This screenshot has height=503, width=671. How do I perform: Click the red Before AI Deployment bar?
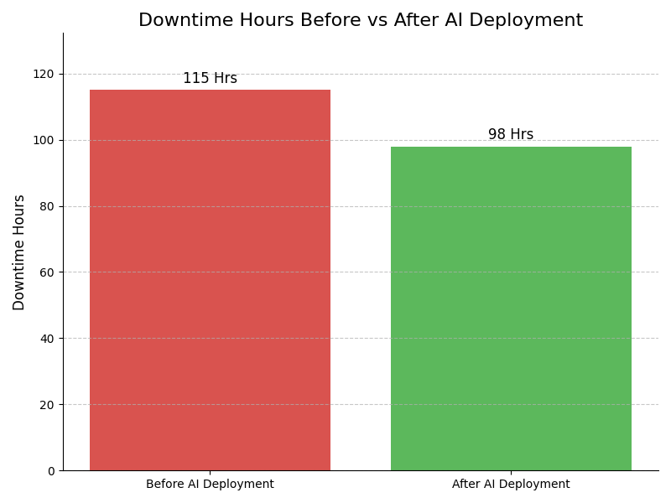(x=210, y=280)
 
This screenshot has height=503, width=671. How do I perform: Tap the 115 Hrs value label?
(x=210, y=79)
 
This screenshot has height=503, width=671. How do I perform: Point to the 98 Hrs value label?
(x=511, y=135)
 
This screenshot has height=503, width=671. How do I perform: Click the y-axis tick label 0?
(x=50, y=471)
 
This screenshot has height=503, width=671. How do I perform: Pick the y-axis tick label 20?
(x=47, y=405)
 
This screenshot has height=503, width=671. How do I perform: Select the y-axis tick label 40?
(x=47, y=339)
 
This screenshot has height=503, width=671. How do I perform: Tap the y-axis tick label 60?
(x=47, y=272)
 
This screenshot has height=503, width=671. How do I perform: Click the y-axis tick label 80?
(x=47, y=206)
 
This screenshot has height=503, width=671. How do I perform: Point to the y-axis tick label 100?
(x=44, y=140)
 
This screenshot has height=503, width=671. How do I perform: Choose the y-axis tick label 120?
(x=44, y=74)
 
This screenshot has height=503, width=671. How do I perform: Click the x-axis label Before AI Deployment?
(x=210, y=485)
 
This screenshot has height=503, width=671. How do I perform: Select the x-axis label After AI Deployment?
(x=511, y=485)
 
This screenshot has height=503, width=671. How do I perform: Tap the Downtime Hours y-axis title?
(x=19, y=252)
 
